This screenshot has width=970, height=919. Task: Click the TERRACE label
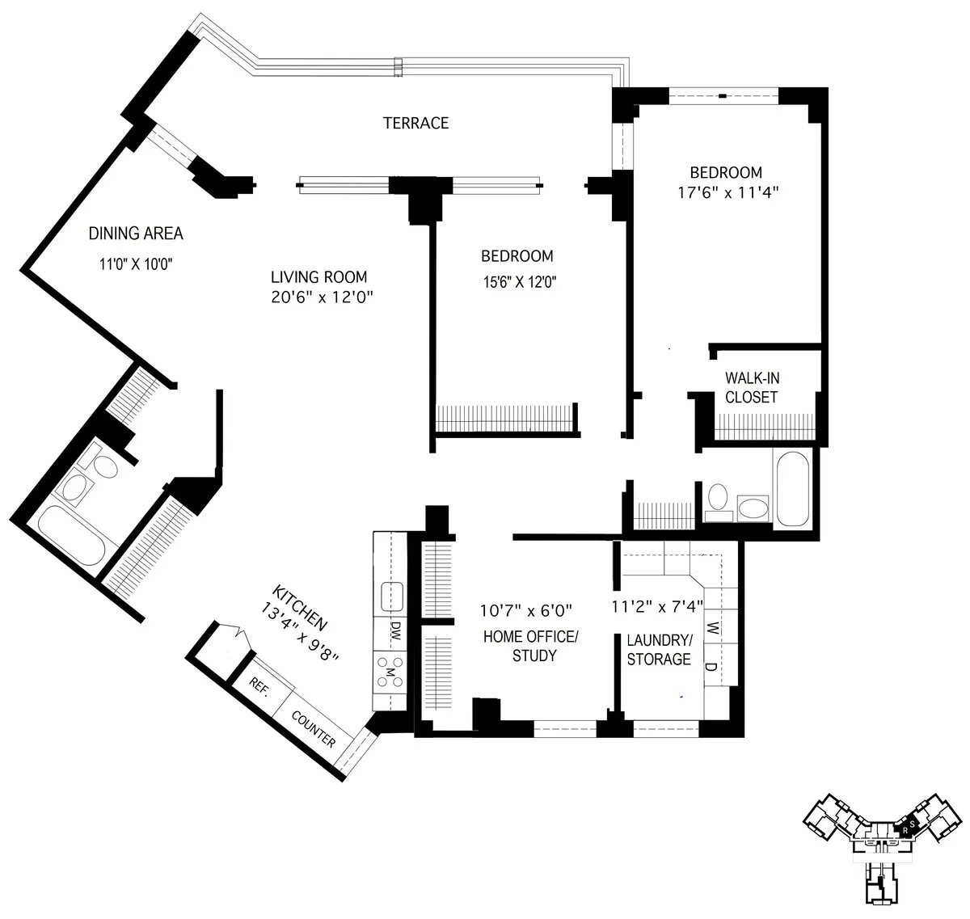(415, 123)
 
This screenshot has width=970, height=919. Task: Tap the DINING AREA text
(136, 234)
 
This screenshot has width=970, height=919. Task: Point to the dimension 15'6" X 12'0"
(517, 282)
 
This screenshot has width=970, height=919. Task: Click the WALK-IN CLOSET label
(752, 387)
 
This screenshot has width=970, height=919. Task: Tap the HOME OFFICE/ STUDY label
(530, 645)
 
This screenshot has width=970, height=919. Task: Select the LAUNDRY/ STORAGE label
(659, 649)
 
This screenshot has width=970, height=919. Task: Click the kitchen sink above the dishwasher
(392, 596)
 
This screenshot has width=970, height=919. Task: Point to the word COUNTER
(314, 728)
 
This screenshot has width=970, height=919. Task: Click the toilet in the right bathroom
(717, 500)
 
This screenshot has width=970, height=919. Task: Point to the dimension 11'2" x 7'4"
(657, 606)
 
